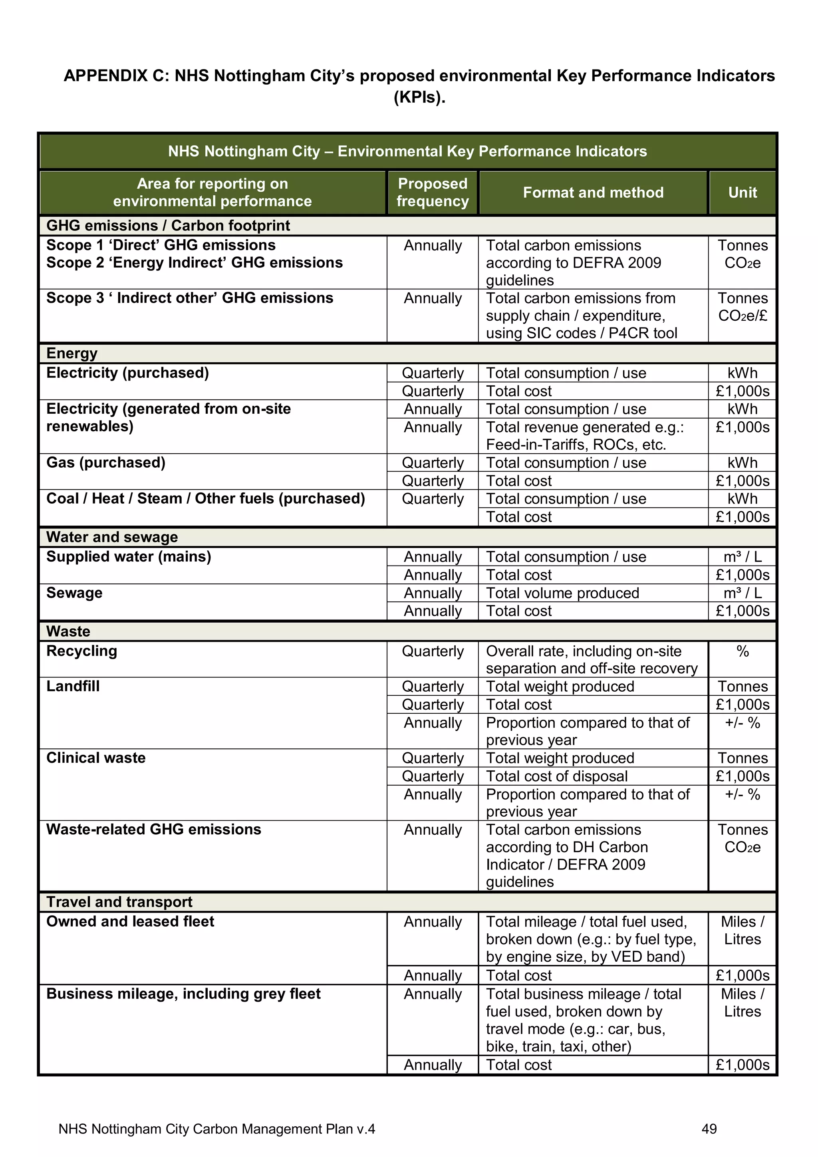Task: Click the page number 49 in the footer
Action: (709, 1129)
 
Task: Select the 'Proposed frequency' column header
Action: (433, 192)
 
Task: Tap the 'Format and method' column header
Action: (593, 193)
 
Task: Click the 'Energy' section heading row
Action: (72, 353)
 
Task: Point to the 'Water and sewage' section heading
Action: (112, 537)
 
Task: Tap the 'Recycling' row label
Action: (81, 651)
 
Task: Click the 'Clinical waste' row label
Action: (96, 758)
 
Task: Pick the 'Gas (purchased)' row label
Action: (106, 462)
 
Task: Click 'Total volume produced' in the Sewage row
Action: (562, 593)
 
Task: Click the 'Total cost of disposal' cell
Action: (556, 776)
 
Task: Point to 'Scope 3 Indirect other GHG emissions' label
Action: (189, 298)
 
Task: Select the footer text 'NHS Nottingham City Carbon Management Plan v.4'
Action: (217, 1129)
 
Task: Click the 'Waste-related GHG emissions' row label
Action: (154, 830)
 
